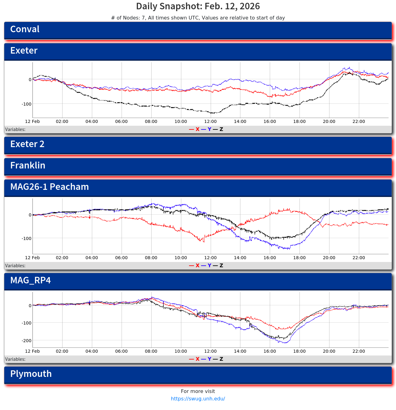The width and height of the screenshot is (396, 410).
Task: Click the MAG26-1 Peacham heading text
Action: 49,187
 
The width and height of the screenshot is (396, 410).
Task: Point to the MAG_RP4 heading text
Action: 30,281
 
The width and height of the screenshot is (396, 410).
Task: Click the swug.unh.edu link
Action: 198,399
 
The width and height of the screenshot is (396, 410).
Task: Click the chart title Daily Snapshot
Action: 198,6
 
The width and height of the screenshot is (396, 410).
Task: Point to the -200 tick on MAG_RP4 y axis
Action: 26,341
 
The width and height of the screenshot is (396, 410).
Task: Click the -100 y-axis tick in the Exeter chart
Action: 26,104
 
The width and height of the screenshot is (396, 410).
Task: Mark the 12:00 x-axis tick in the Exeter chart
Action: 210,122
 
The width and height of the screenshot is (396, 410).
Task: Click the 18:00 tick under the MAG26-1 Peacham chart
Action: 299,258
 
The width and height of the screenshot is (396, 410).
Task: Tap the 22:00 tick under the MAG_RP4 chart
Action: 359,351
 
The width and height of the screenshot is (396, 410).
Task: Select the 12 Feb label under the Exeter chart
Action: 32,122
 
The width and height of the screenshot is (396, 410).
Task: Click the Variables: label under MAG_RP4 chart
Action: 15,360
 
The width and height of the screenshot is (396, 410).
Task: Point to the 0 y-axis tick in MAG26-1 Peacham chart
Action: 30,215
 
